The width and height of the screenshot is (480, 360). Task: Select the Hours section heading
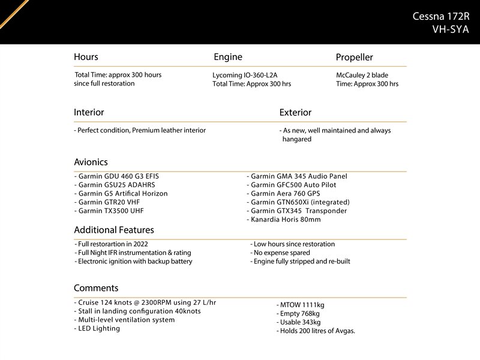pos(86,57)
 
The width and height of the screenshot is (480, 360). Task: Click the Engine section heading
pos(228,57)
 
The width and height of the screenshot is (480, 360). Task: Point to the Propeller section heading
pos(354,58)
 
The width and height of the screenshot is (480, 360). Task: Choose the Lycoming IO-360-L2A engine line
pos(245,75)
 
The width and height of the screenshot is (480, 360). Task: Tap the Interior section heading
pos(89,112)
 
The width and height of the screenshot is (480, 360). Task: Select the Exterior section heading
pos(295,112)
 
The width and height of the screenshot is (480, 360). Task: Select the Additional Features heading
pos(114,230)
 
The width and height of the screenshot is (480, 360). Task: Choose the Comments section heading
pos(96,288)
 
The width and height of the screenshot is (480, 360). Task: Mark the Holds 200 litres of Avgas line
pos(316,331)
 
